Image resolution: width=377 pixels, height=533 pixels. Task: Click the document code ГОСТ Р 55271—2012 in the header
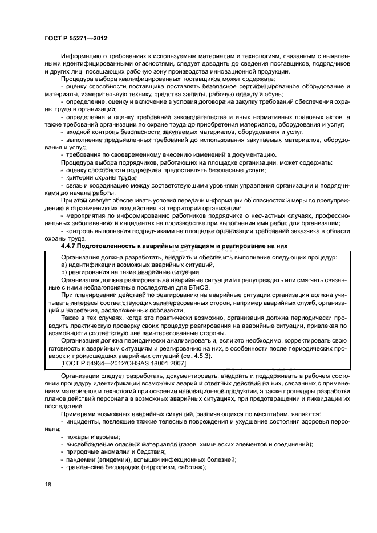(x=76, y=38)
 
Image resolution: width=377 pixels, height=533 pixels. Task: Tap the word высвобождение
(x=88, y=444)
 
